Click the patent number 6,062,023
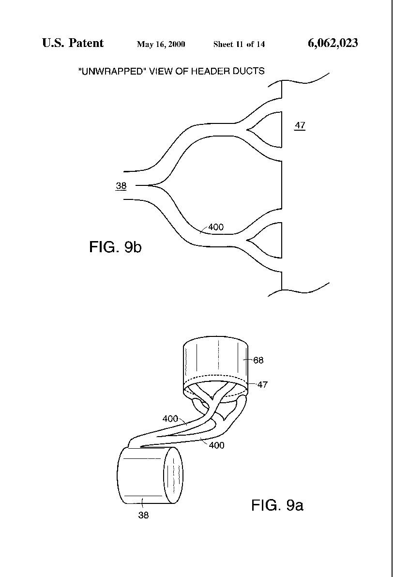[333, 44]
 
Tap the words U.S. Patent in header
[73, 43]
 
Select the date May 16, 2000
[161, 45]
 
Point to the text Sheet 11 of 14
[239, 45]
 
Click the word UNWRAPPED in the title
[111, 71]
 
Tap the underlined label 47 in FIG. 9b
[300, 125]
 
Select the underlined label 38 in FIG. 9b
[121, 186]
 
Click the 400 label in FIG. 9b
[216, 227]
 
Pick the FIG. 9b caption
[115, 246]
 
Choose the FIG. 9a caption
[277, 505]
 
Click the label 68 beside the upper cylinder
[258, 360]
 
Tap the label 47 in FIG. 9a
[262, 384]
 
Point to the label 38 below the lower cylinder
[143, 515]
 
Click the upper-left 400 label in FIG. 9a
[170, 419]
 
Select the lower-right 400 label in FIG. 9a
[217, 445]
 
